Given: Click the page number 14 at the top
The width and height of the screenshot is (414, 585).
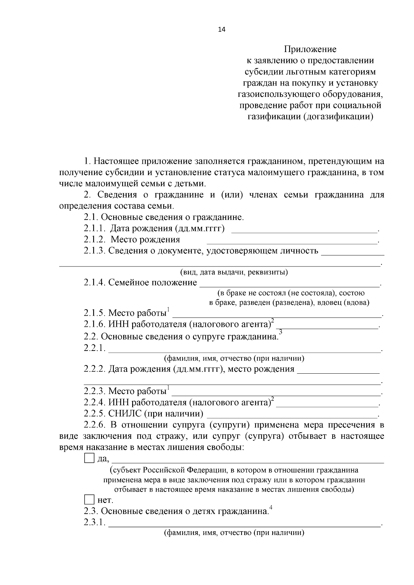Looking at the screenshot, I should pos(221,30).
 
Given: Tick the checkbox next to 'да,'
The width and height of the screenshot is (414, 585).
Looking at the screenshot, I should pos(89,458).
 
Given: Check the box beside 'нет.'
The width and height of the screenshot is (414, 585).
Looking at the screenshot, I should pos(89,500).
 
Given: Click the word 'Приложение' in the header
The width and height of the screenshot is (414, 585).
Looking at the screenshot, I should pos(310,49).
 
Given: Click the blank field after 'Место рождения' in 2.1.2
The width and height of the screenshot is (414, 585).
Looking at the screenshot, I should pos(292,243).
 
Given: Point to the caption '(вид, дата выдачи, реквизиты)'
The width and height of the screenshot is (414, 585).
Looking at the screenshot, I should pos(234,272).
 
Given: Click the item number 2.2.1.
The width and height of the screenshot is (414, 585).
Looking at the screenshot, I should pos(94,348).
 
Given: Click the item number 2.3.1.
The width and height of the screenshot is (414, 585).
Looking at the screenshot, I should pos(94,522).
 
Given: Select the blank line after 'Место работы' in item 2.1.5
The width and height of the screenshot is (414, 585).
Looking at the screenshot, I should pos(276,315).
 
